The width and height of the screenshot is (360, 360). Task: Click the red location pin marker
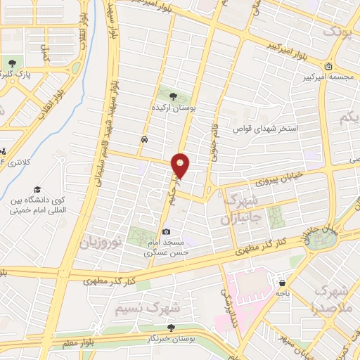point(181,165)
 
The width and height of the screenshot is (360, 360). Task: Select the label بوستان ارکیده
point(174,109)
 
